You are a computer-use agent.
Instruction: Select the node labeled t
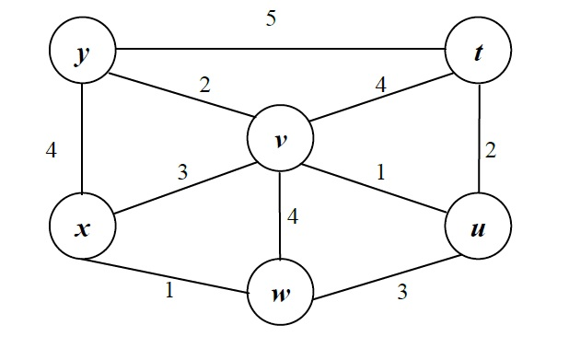coord(476,52)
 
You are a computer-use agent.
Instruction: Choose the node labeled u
coord(476,227)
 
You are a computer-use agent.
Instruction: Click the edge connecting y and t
coord(276,49)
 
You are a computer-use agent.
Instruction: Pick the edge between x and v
coord(181,184)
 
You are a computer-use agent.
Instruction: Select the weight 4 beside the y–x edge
coord(52,148)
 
